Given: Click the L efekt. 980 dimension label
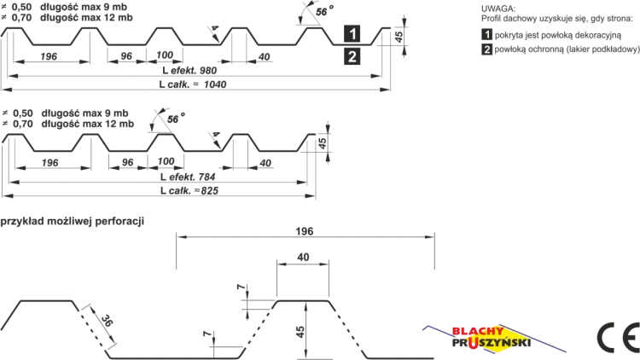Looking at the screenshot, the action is click(x=189, y=70).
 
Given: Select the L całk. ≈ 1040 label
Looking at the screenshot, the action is click(x=193, y=84).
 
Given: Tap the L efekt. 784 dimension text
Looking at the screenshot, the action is click(x=188, y=177).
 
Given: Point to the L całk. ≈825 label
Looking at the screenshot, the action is click(x=189, y=190).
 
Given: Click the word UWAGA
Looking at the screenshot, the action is click(x=498, y=9).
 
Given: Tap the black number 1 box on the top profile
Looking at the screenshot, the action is click(x=352, y=33).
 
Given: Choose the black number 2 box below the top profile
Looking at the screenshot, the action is click(x=352, y=56).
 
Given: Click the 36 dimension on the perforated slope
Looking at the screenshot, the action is click(x=106, y=321).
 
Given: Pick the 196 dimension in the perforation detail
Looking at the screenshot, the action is click(x=305, y=231).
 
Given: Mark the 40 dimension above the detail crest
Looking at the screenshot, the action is click(x=303, y=257).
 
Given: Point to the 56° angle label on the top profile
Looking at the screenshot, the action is click(x=324, y=11).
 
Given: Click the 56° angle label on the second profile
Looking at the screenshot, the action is click(x=176, y=119).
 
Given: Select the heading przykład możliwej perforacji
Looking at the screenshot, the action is click(x=73, y=221).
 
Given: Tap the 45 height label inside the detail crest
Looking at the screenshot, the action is click(x=300, y=332).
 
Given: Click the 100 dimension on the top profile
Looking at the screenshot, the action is click(x=165, y=55).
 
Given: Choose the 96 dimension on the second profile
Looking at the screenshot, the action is click(x=128, y=162).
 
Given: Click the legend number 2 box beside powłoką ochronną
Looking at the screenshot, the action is click(x=486, y=49).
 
